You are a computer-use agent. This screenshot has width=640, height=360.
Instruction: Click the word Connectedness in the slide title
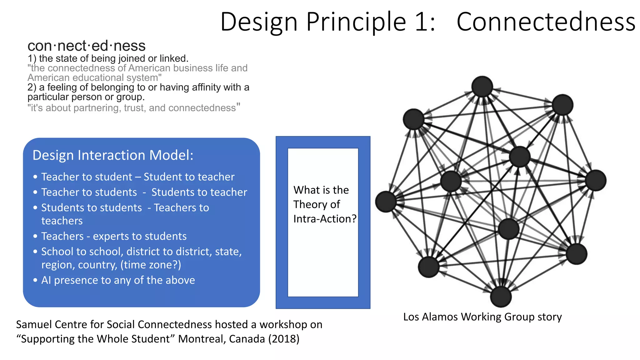tap(546, 22)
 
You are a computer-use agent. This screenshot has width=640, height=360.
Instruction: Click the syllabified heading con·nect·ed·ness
tap(87, 46)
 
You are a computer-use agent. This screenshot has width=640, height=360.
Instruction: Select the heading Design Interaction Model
tap(113, 155)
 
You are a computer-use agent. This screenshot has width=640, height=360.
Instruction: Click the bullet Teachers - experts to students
tap(114, 236)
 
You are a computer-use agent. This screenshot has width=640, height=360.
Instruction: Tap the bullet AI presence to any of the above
tap(118, 280)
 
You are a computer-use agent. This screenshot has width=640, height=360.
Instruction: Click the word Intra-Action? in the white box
tap(325, 219)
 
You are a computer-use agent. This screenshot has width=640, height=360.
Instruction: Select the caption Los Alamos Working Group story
tap(482, 317)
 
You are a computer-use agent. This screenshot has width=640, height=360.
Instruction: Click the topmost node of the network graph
tap(482, 86)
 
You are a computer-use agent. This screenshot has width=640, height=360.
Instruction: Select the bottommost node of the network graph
tap(501, 297)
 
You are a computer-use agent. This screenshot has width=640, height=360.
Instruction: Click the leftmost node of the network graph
tap(386, 202)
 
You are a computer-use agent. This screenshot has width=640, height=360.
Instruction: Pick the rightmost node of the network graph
tap(596, 180)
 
